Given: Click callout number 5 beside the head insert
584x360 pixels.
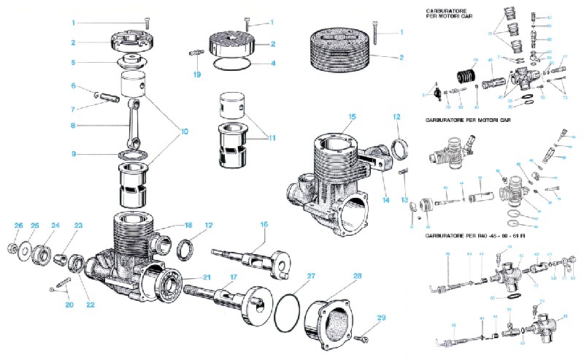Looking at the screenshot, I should click(74, 63).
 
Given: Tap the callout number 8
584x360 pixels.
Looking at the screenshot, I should click(74, 126).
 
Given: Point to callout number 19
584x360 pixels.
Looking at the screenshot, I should click(196, 74).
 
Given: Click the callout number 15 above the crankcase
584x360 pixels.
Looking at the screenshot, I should click(351, 117).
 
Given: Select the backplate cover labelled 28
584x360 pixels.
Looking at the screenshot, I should click(331, 317).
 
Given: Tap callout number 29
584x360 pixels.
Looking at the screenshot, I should click(380, 318).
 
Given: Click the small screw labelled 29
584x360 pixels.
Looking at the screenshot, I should click(361, 337).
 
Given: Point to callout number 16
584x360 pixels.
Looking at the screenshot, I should click(264, 224).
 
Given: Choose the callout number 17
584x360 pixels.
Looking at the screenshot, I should click(232, 277).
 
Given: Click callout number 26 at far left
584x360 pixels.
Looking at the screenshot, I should click(18, 225).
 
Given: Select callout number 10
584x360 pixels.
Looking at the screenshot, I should click(185, 131).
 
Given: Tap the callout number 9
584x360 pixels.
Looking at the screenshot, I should click(74, 154).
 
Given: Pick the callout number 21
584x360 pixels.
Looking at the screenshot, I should click(207, 277).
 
